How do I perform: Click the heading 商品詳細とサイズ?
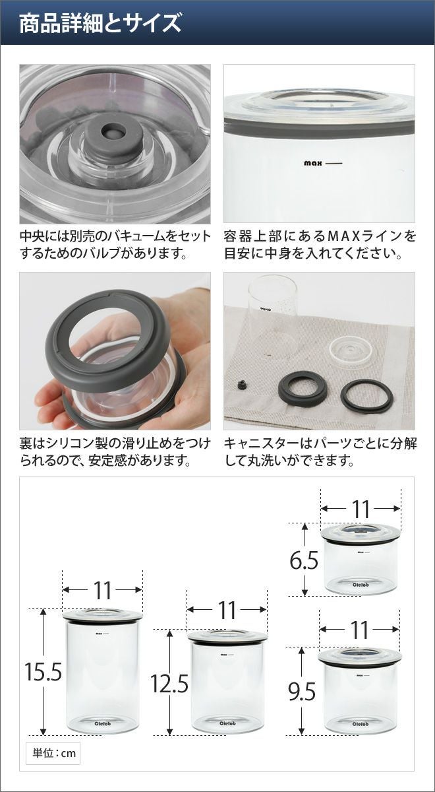click(x=100, y=24)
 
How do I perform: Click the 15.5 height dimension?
click(x=43, y=673)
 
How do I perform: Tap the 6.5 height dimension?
click(x=304, y=561)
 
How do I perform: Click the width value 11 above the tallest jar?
click(x=102, y=591)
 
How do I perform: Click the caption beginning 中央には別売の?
click(x=115, y=244)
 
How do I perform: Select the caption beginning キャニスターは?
click(x=320, y=451)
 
